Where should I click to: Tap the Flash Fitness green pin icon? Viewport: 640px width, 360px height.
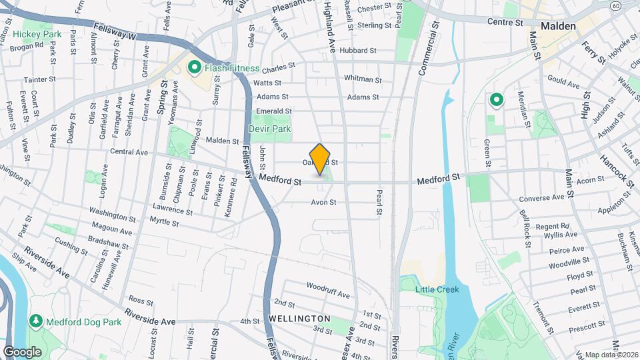[x=195, y=67]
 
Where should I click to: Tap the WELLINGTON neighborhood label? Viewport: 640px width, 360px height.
[x=299, y=319]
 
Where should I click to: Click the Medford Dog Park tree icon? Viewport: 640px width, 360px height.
[x=35, y=321]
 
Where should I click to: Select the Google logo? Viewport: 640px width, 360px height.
[x=22, y=351]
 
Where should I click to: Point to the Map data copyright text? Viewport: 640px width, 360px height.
[x=612, y=355]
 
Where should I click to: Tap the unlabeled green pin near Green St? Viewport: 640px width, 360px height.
[x=496, y=101]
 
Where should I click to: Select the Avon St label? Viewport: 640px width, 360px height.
[x=323, y=202]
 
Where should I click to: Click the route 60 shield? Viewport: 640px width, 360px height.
[x=633, y=6]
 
